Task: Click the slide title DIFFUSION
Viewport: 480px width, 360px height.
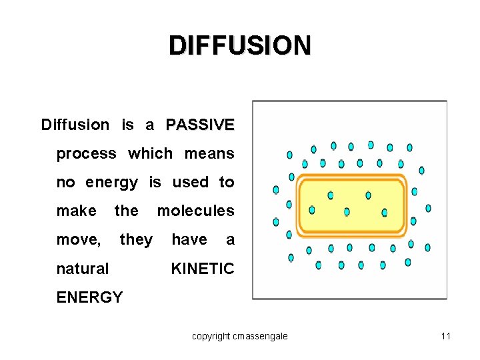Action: pyautogui.click(x=239, y=46)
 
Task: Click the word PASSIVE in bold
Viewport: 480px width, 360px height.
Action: pyautogui.click(x=200, y=125)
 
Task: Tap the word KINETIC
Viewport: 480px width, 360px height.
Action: pyautogui.click(x=203, y=269)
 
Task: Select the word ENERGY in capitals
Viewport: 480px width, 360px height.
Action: pyautogui.click(x=89, y=297)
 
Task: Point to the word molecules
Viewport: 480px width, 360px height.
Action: pyautogui.click(x=195, y=211)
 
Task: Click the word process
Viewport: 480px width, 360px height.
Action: pyautogui.click(x=86, y=154)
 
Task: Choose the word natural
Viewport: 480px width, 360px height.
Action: pyautogui.click(x=82, y=269)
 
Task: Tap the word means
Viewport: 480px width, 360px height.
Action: pyautogui.click(x=209, y=154)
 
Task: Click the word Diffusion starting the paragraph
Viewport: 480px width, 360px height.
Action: pyautogui.click(x=75, y=125)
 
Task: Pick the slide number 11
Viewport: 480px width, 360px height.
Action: pyautogui.click(x=446, y=336)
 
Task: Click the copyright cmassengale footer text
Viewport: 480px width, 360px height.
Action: pyautogui.click(x=240, y=336)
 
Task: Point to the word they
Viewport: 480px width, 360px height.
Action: pyautogui.click(x=136, y=240)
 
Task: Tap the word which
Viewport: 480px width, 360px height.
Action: pyautogui.click(x=150, y=154)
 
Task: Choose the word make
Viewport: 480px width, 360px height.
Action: pyautogui.click(x=76, y=211)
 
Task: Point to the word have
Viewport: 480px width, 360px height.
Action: pyautogui.click(x=189, y=240)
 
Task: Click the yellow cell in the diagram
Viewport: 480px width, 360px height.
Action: pyautogui.click(x=351, y=205)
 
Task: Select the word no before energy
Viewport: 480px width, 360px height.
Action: pyautogui.click(x=65, y=183)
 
